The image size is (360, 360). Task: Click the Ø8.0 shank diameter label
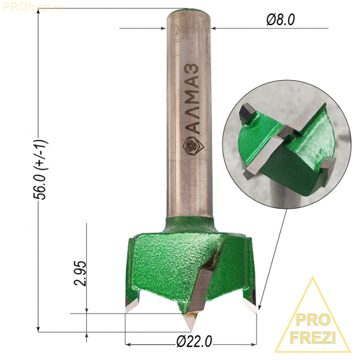click(281, 20)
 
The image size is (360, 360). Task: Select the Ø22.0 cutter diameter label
click(194, 342)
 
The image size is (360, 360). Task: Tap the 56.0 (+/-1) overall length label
click(42, 169)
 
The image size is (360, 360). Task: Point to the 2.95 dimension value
click(80, 273)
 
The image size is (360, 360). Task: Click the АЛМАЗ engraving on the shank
click(192, 98)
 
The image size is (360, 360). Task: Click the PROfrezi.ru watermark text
click(33, 7)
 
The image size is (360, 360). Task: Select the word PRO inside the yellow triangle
click(313, 320)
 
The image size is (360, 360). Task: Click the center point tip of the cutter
click(190, 331)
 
